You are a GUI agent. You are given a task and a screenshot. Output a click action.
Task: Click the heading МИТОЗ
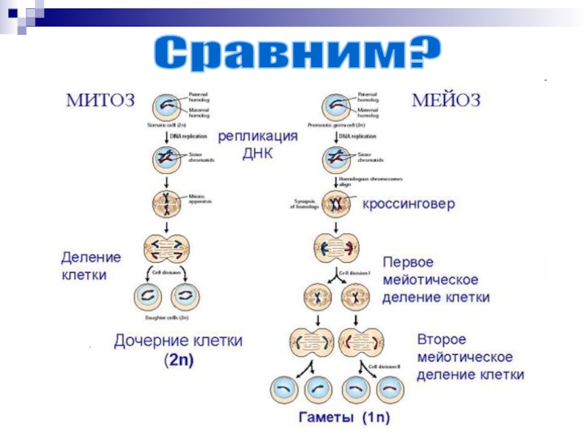101,100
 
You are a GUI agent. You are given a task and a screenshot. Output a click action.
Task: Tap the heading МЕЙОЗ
445,100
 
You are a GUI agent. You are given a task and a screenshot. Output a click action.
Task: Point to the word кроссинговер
409,204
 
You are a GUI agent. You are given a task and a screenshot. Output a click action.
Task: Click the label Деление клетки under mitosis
90,266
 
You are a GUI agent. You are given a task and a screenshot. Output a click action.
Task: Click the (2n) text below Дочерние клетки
178,360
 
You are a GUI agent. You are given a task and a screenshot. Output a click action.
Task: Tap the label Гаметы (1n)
344,419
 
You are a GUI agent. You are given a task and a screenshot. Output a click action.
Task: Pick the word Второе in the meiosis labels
442,340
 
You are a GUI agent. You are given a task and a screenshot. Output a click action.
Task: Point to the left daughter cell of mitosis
149,296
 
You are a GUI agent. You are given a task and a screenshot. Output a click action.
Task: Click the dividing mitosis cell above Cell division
168,248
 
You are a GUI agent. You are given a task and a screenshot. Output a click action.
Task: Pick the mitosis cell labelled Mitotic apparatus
168,202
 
